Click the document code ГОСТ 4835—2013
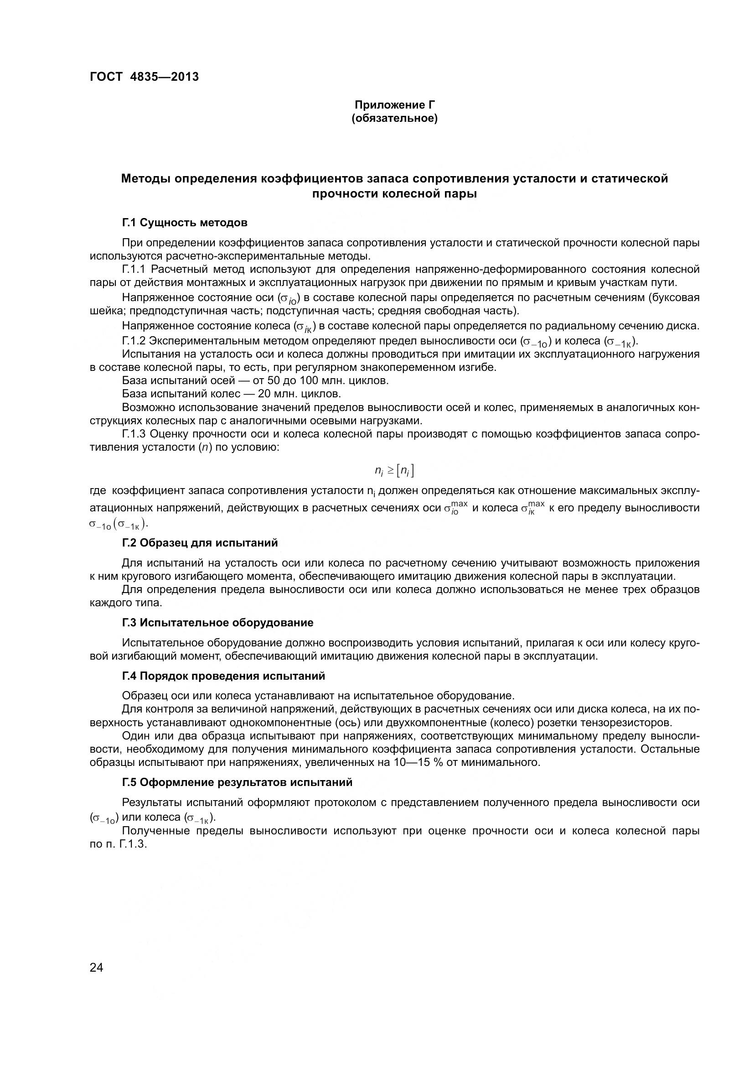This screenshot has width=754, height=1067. pos(145,77)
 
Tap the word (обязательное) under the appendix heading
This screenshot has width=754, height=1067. pos(394,119)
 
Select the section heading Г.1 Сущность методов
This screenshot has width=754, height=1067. pos(184,223)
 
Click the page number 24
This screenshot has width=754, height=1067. pos(97,968)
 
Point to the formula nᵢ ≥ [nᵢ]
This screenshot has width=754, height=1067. pos(394,471)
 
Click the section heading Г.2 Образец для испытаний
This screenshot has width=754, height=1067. pos(200,543)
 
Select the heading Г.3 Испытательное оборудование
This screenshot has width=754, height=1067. pos(217,623)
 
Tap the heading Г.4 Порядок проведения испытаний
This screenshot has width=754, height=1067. pos(223,676)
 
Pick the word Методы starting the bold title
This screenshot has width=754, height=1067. pos(144,178)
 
